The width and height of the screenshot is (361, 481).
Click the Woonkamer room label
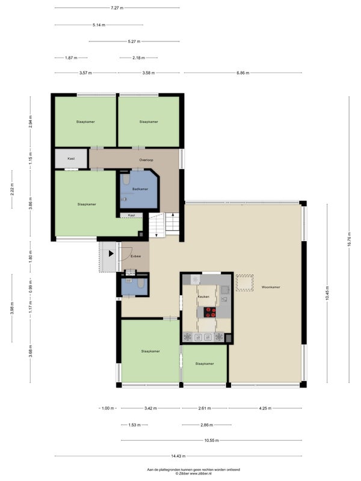[x=271, y=287]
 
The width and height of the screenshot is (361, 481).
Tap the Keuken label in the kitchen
[x=203, y=296]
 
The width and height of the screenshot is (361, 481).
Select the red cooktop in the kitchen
[x=211, y=312]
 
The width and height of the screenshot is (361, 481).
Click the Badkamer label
[x=140, y=189]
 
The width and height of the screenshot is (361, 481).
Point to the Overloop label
[x=146, y=160]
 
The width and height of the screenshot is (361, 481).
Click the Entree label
[x=136, y=256]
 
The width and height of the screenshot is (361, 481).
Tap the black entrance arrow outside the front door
[x=111, y=254]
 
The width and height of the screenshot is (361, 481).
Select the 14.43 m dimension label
[x=178, y=456]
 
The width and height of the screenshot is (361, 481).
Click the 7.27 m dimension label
[x=117, y=8]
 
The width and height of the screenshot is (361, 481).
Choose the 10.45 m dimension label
[x=327, y=293]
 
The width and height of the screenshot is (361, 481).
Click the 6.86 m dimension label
[x=243, y=73]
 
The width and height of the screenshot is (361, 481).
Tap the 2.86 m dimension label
[x=206, y=425]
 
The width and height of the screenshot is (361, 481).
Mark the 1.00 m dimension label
[x=108, y=408]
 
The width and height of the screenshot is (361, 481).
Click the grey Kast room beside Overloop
[x=71, y=159]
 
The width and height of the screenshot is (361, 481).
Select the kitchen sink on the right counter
[x=224, y=290]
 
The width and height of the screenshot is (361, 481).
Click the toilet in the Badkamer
[x=126, y=179]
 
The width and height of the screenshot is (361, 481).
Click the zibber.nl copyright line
[x=193, y=474]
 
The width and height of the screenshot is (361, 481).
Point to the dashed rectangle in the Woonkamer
[x=245, y=283]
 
